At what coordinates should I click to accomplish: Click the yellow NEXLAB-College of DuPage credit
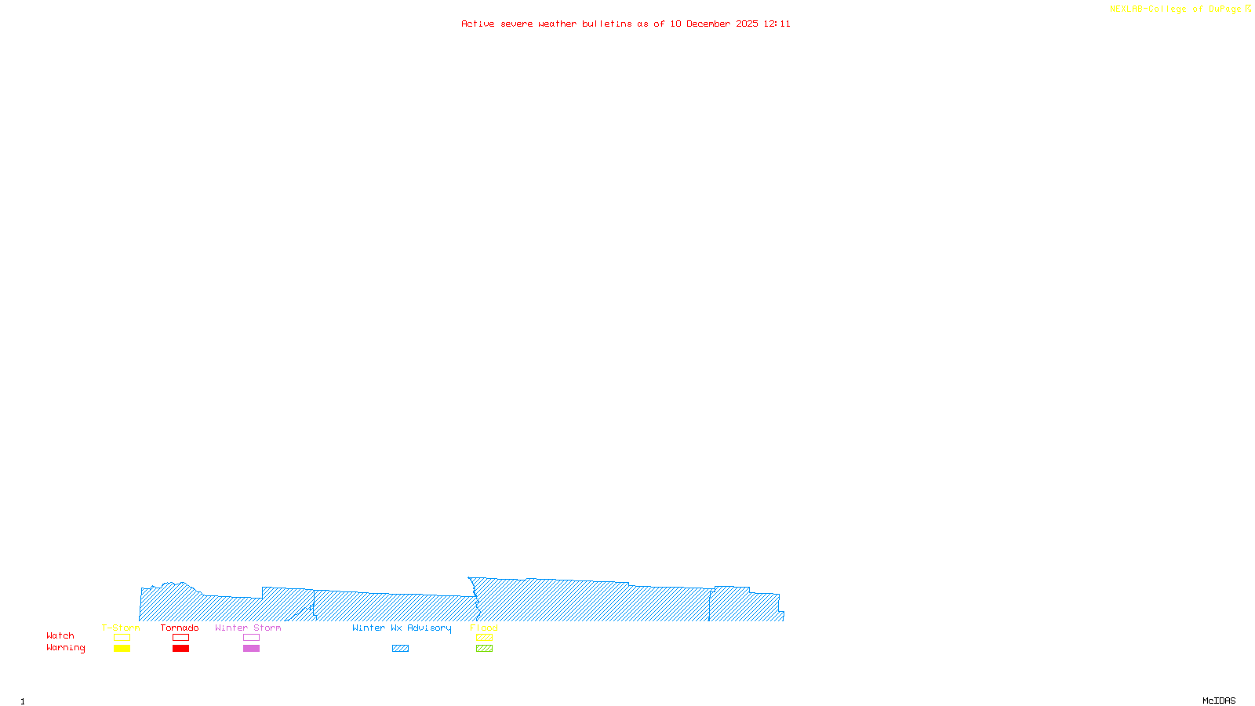pyautogui.click(x=1180, y=9)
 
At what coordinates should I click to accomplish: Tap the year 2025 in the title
pyautogui.click(x=747, y=24)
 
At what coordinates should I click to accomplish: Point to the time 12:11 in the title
pyautogui.click(x=777, y=24)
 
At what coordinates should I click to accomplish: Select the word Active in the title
pyautogui.click(x=478, y=24)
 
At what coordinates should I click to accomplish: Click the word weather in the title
pyautogui.click(x=558, y=24)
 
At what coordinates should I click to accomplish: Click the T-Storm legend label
pyautogui.click(x=121, y=628)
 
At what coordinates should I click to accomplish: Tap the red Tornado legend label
pyautogui.click(x=180, y=628)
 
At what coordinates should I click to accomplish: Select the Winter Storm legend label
pyautogui.click(x=248, y=628)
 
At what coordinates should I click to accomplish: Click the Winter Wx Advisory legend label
pyautogui.click(x=402, y=628)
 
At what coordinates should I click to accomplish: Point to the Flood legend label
pyautogui.click(x=484, y=628)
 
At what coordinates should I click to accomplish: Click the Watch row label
pyautogui.click(x=60, y=636)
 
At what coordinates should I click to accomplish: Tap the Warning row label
pyautogui.click(x=66, y=648)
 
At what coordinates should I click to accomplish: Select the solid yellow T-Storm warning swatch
pyautogui.click(x=122, y=649)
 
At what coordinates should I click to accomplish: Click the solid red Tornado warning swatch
pyautogui.click(x=180, y=649)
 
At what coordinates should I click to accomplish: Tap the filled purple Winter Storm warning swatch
pyautogui.click(x=251, y=649)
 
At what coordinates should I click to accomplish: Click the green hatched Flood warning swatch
pyautogui.click(x=484, y=649)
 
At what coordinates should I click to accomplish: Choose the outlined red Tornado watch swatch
pyautogui.click(x=180, y=638)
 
